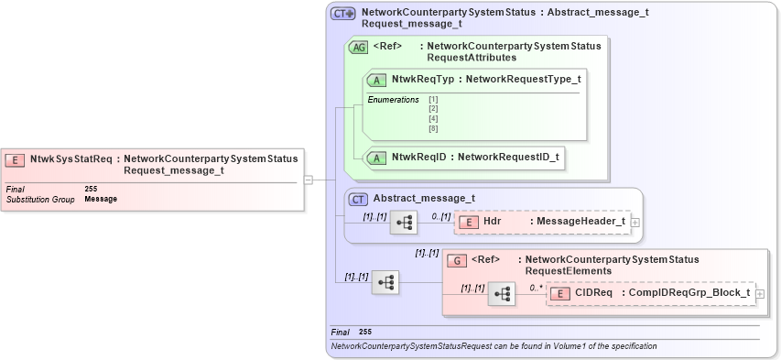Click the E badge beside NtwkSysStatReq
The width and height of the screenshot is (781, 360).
pyautogui.click(x=16, y=159)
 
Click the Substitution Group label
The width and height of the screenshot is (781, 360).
pyautogui.click(x=40, y=199)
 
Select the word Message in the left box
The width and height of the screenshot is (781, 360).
pyautogui.click(x=101, y=199)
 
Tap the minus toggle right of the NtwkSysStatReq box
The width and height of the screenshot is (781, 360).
pyautogui.click(x=309, y=180)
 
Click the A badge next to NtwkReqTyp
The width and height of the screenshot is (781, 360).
pyautogui.click(x=376, y=80)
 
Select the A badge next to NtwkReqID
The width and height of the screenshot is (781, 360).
pyautogui.click(x=376, y=158)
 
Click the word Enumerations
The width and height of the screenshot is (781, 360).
pyautogui.click(x=393, y=99)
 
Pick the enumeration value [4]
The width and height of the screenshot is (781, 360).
pyautogui.click(x=433, y=119)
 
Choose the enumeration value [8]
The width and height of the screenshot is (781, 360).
pyautogui.click(x=433, y=129)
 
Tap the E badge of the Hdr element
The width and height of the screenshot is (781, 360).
pyautogui.click(x=468, y=222)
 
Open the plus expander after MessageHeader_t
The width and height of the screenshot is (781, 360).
pyautogui.click(x=635, y=222)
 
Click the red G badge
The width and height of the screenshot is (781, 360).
pyautogui.click(x=456, y=260)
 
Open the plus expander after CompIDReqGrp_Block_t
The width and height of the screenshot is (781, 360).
pyautogui.click(x=759, y=293)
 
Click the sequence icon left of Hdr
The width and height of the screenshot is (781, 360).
pyautogui.click(x=404, y=222)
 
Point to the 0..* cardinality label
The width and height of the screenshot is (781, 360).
pyautogui.click(x=536, y=287)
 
